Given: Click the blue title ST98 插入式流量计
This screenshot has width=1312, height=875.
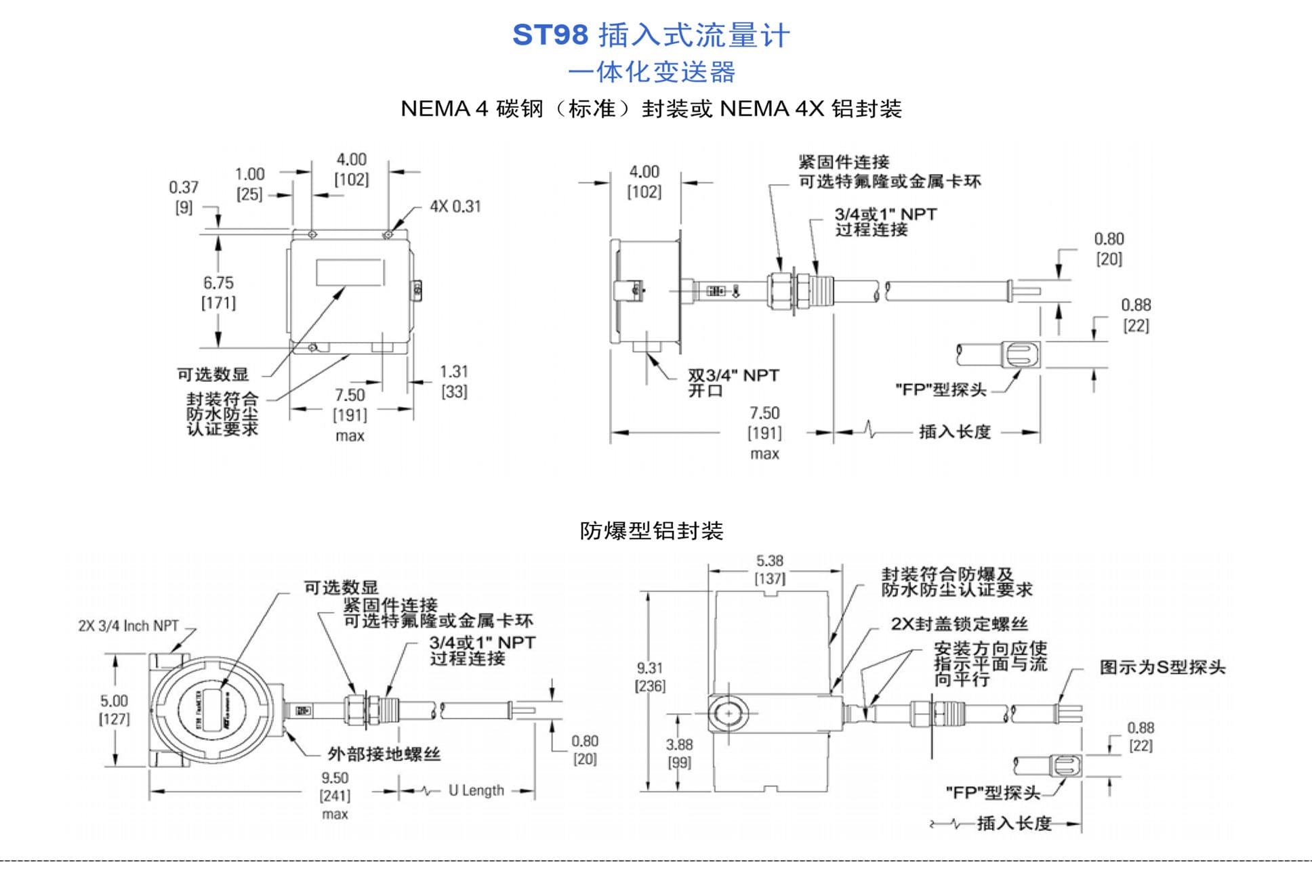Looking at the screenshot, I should (x=651, y=35).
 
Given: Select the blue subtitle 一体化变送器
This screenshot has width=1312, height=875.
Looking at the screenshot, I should (x=651, y=72).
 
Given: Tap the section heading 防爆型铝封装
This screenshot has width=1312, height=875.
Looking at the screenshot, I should (x=651, y=530).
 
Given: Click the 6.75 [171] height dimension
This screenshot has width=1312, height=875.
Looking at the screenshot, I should (x=218, y=293).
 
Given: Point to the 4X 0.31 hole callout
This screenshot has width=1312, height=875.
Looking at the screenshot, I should (x=455, y=207).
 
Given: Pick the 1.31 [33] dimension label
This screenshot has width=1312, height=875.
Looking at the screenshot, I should (x=453, y=381).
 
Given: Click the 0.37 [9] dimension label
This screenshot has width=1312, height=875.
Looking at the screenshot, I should (x=184, y=196).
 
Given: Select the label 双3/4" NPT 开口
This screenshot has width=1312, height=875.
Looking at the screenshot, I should (x=733, y=383).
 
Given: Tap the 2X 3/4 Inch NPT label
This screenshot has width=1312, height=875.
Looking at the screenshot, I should (x=128, y=626).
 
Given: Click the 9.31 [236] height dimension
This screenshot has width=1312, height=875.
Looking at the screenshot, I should (x=650, y=677).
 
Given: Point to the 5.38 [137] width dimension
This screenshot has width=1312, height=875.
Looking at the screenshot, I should (x=770, y=570).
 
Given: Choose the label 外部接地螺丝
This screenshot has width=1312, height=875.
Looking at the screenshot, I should (x=384, y=754).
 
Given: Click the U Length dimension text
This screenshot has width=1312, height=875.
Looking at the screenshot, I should (x=476, y=790).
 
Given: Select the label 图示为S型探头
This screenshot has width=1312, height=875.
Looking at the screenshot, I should (x=1162, y=667).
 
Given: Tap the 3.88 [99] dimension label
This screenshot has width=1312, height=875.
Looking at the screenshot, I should (x=679, y=753).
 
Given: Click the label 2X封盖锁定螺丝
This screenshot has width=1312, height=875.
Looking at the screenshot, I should (x=959, y=624).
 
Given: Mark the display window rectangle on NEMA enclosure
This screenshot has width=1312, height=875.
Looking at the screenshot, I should (x=350, y=272).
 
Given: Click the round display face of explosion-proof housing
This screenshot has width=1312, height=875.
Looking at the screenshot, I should (x=211, y=710).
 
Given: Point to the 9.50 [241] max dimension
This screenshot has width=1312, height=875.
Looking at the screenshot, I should (x=335, y=795).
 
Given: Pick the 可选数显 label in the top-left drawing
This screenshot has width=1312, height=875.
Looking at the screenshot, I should (x=213, y=374).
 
